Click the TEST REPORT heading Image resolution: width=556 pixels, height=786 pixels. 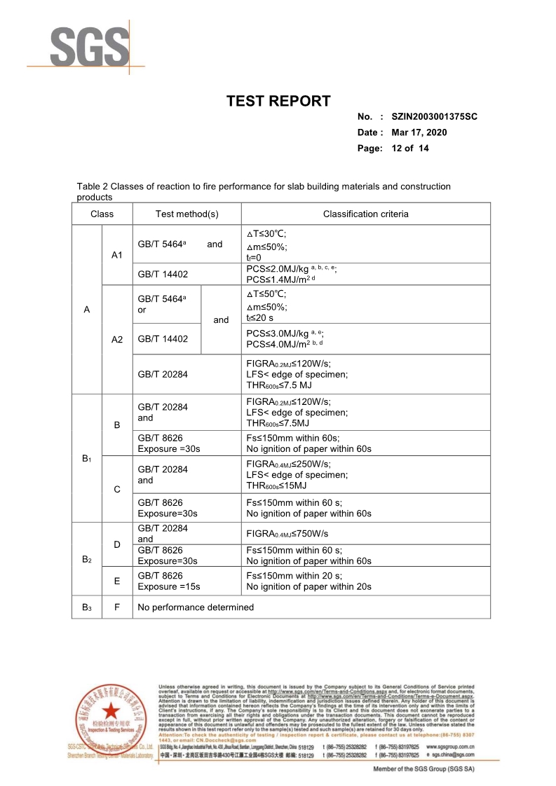[x=278, y=101]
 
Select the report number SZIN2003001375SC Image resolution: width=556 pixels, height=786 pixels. [x=435, y=116]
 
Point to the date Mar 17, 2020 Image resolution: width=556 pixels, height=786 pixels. [x=419, y=132]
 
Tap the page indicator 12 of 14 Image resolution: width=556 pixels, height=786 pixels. [x=410, y=149]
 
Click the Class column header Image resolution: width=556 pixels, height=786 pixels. [x=102, y=214]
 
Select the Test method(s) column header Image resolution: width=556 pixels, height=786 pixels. [x=187, y=214]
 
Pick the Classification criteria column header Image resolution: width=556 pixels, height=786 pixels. [x=365, y=214]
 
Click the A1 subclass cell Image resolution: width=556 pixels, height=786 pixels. [x=117, y=255]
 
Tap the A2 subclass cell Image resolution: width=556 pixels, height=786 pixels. [x=117, y=339]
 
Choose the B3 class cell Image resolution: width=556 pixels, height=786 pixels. [x=86, y=607]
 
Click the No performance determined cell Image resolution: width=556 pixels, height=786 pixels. [x=196, y=607]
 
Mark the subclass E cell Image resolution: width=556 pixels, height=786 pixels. [x=117, y=581]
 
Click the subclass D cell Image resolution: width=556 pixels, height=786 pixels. [x=117, y=544]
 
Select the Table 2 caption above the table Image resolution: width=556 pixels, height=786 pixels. [x=264, y=191]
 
